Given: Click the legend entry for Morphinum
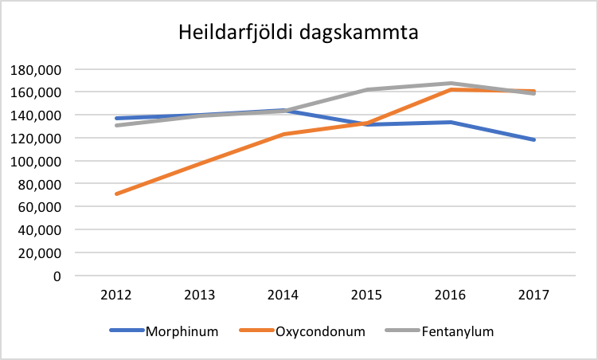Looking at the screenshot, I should (182, 331).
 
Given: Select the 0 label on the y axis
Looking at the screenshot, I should (57, 276).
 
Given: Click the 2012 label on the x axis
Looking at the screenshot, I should (116, 295).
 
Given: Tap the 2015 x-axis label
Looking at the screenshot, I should (367, 295).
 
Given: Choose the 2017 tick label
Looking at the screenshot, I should (534, 295).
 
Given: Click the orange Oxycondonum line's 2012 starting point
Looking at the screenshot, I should (116, 194).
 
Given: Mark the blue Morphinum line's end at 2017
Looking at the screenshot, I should (534, 140).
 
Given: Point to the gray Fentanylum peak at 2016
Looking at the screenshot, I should (451, 83).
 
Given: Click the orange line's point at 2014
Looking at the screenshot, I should (283, 134).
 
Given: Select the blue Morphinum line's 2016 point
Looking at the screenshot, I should (451, 122).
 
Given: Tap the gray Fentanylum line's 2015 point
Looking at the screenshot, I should (367, 89).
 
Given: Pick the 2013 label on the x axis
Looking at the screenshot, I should (200, 295).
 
